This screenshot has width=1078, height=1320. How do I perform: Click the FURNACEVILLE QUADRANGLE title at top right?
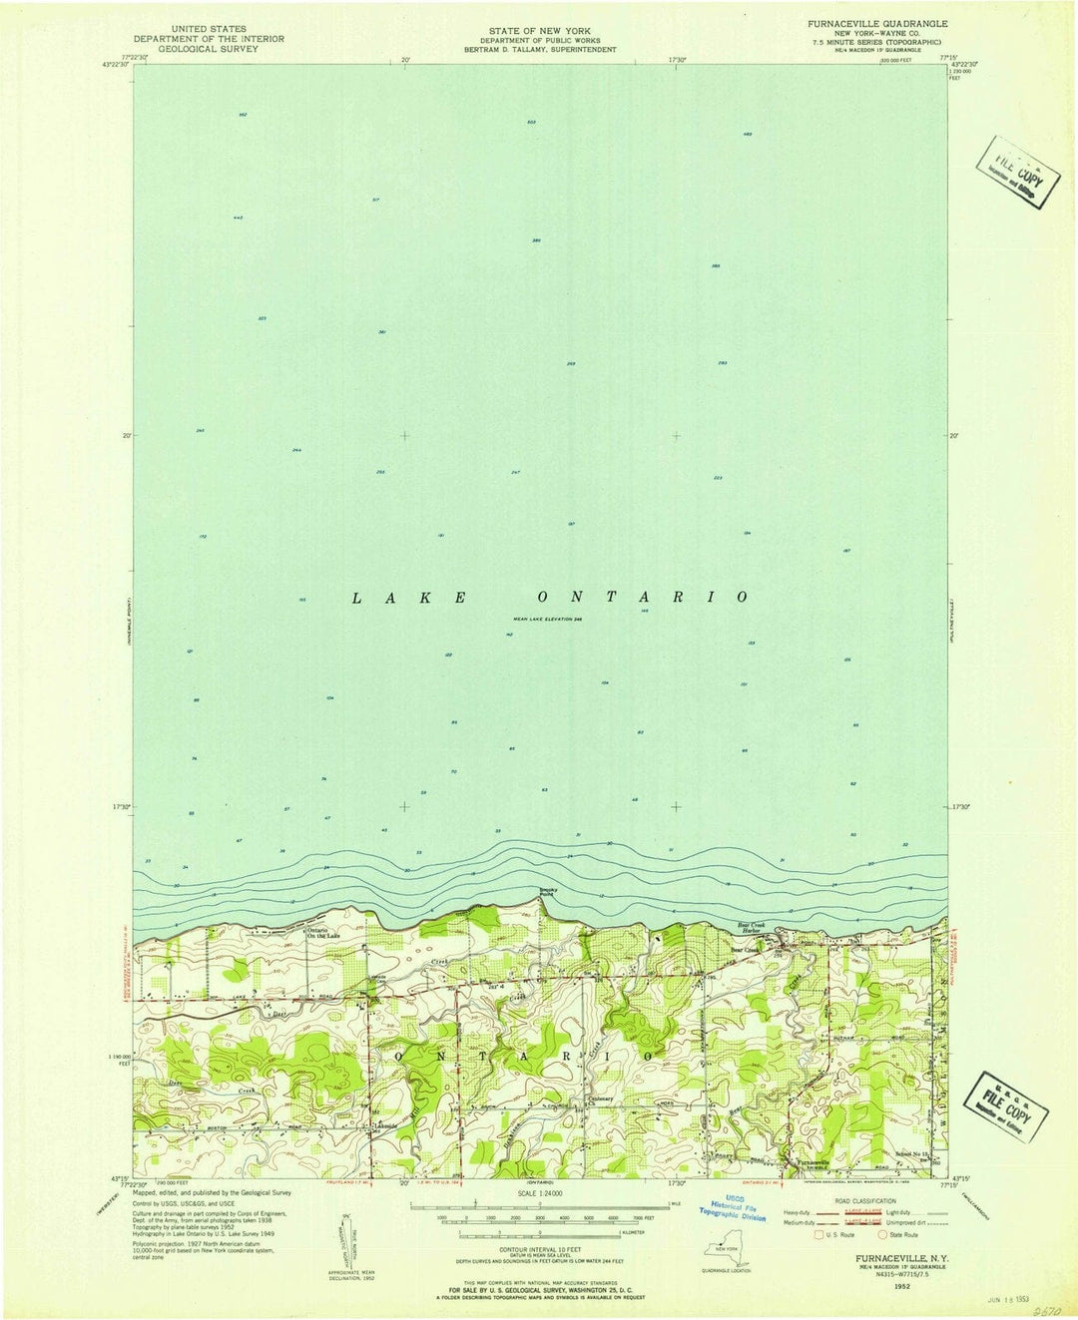point(866,21)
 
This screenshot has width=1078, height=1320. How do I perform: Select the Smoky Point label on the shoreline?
point(548,891)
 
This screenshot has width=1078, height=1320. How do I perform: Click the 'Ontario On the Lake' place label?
point(323,933)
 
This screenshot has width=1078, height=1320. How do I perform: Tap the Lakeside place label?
point(386,1126)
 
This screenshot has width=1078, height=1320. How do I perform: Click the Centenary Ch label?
point(599,1101)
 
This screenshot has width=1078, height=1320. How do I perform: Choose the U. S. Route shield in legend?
point(820,1235)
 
